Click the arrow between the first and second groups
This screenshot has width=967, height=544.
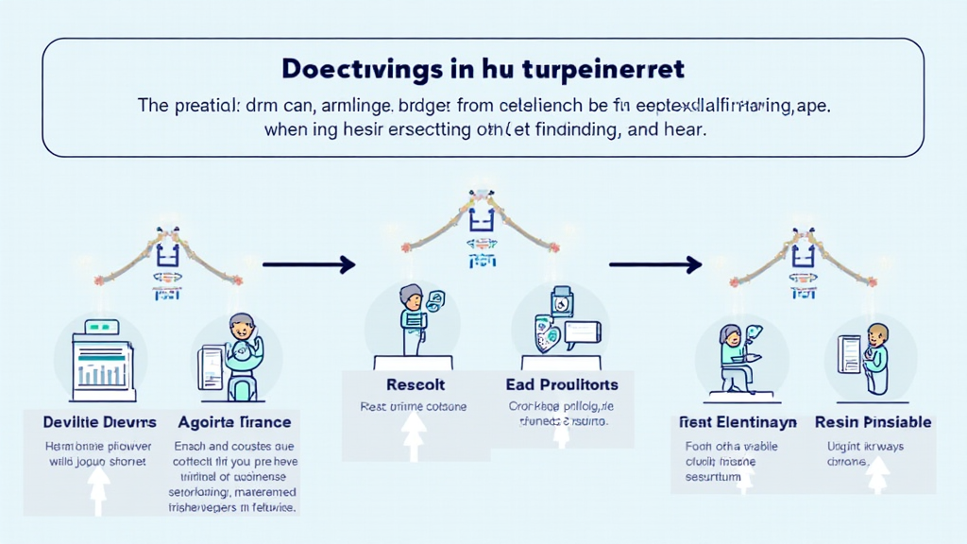(308, 265)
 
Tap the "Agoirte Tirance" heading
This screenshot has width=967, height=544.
(234, 421)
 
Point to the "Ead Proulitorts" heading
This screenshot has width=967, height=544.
(562, 384)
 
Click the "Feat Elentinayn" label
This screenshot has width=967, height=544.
(738, 422)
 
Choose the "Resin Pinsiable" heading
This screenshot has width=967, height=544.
(873, 422)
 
